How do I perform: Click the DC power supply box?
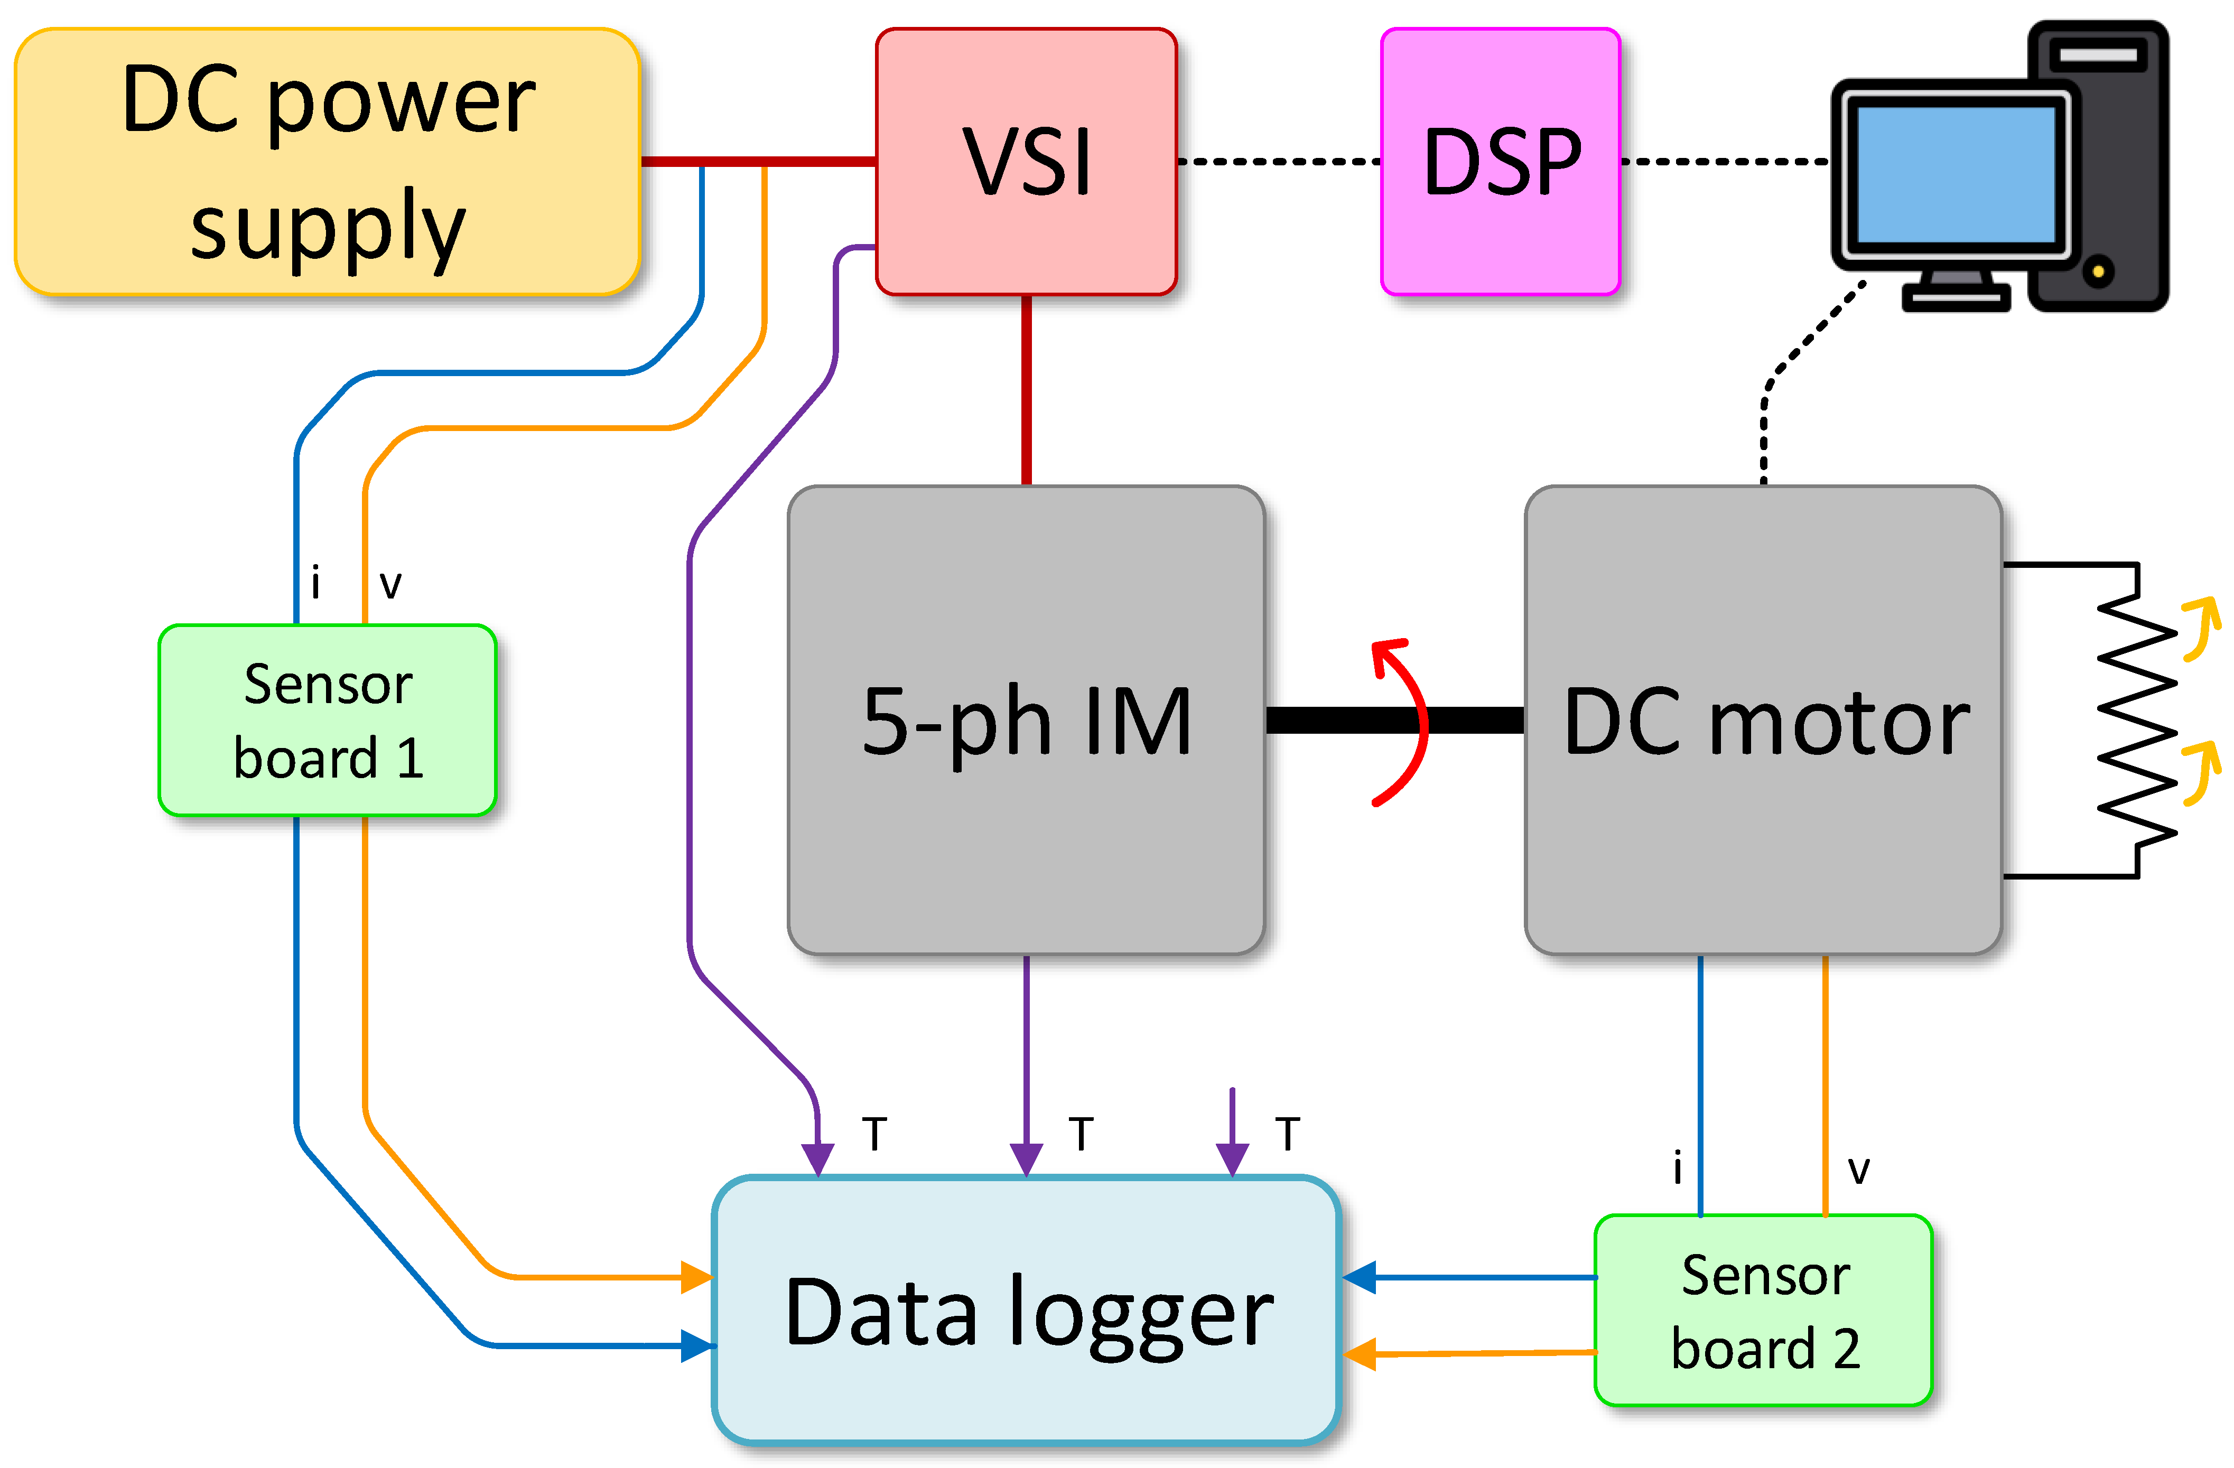click(x=328, y=162)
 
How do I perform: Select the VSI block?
click(x=1026, y=162)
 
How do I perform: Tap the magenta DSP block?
click(x=1500, y=162)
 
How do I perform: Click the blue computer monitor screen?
click(x=1956, y=174)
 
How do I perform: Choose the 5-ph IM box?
click(x=1026, y=720)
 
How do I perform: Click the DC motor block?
click(x=1763, y=720)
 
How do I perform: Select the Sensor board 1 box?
click(x=328, y=720)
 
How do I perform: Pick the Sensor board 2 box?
click(x=1763, y=1310)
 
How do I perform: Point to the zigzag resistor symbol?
click(x=2136, y=720)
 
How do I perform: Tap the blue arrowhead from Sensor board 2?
click(x=1359, y=1277)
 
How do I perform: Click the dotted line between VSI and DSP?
click(x=1279, y=162)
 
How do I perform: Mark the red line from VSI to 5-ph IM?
click(x=1026, y=390)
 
